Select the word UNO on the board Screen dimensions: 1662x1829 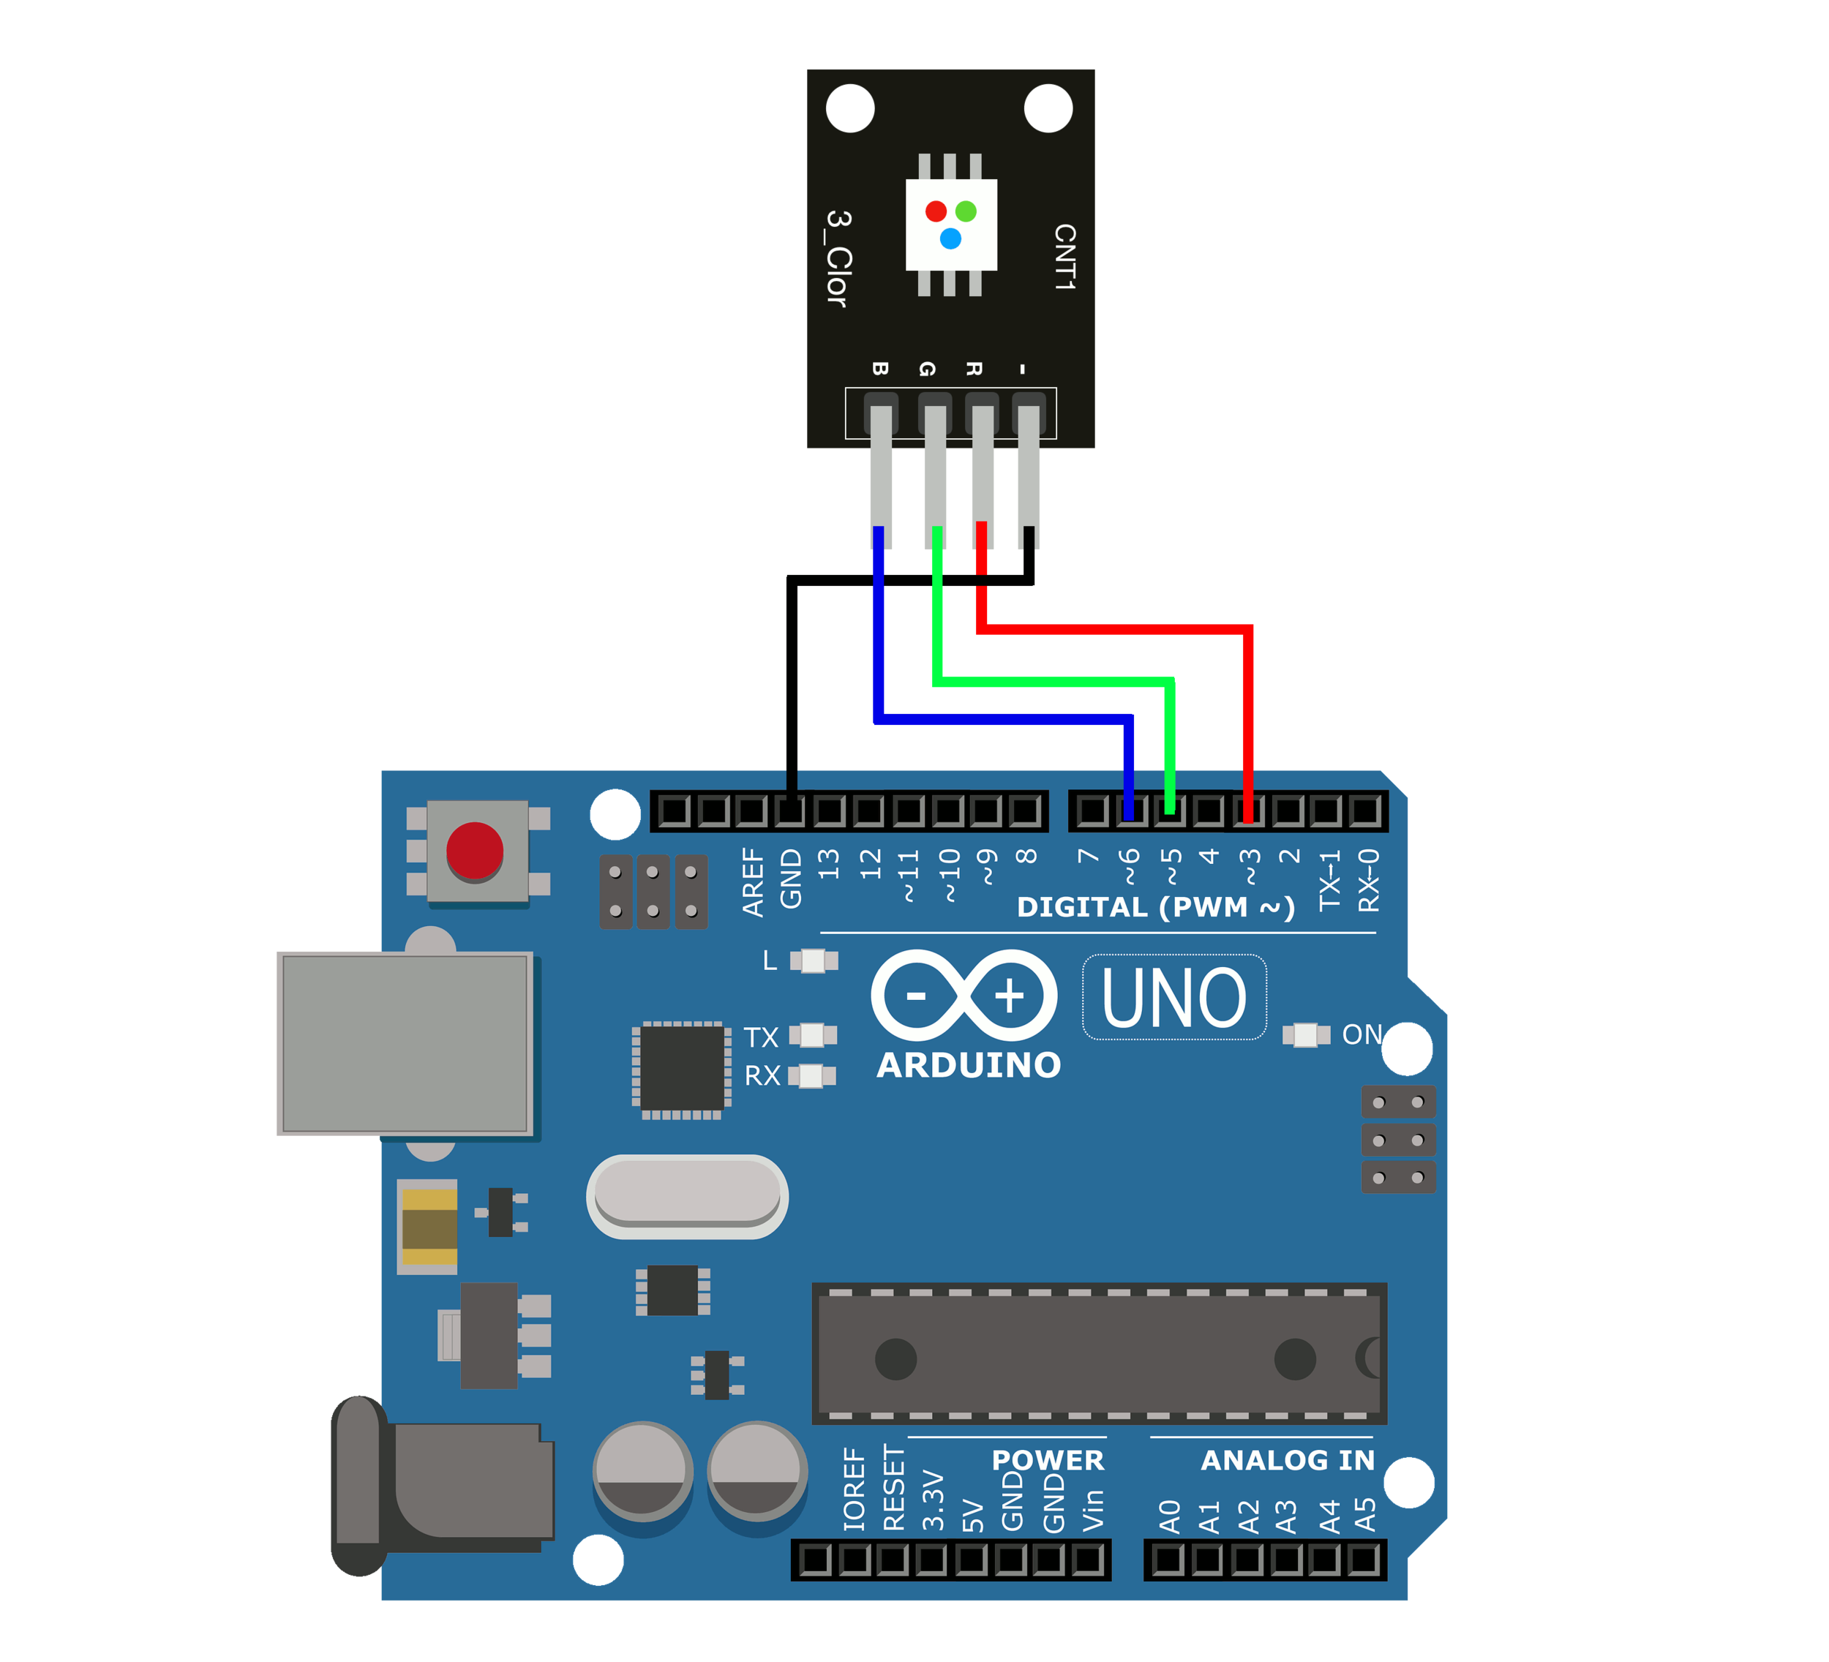(x=1174, y=998)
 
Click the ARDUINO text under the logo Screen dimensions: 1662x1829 (x=968, y=1066)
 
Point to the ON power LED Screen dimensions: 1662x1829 (x=1305, y=1035)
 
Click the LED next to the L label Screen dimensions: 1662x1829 (x=814, y=960)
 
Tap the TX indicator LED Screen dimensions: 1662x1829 (x=813, y=1035)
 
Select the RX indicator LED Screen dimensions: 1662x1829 (x=812, y=1076)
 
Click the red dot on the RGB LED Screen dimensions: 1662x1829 (x=936, y=211)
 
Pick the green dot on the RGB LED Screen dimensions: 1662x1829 (x=966, y=211)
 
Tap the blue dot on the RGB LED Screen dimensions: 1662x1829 (x=950, y=238)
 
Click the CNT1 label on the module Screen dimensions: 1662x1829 (x=1064, y=257)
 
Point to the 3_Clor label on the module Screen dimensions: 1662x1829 (x=838, y=258)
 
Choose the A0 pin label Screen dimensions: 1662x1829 (x=1169, y=1517)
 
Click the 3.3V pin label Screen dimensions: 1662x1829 (x=933, y=1500)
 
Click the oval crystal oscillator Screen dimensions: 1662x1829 (x=687, y=1197)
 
